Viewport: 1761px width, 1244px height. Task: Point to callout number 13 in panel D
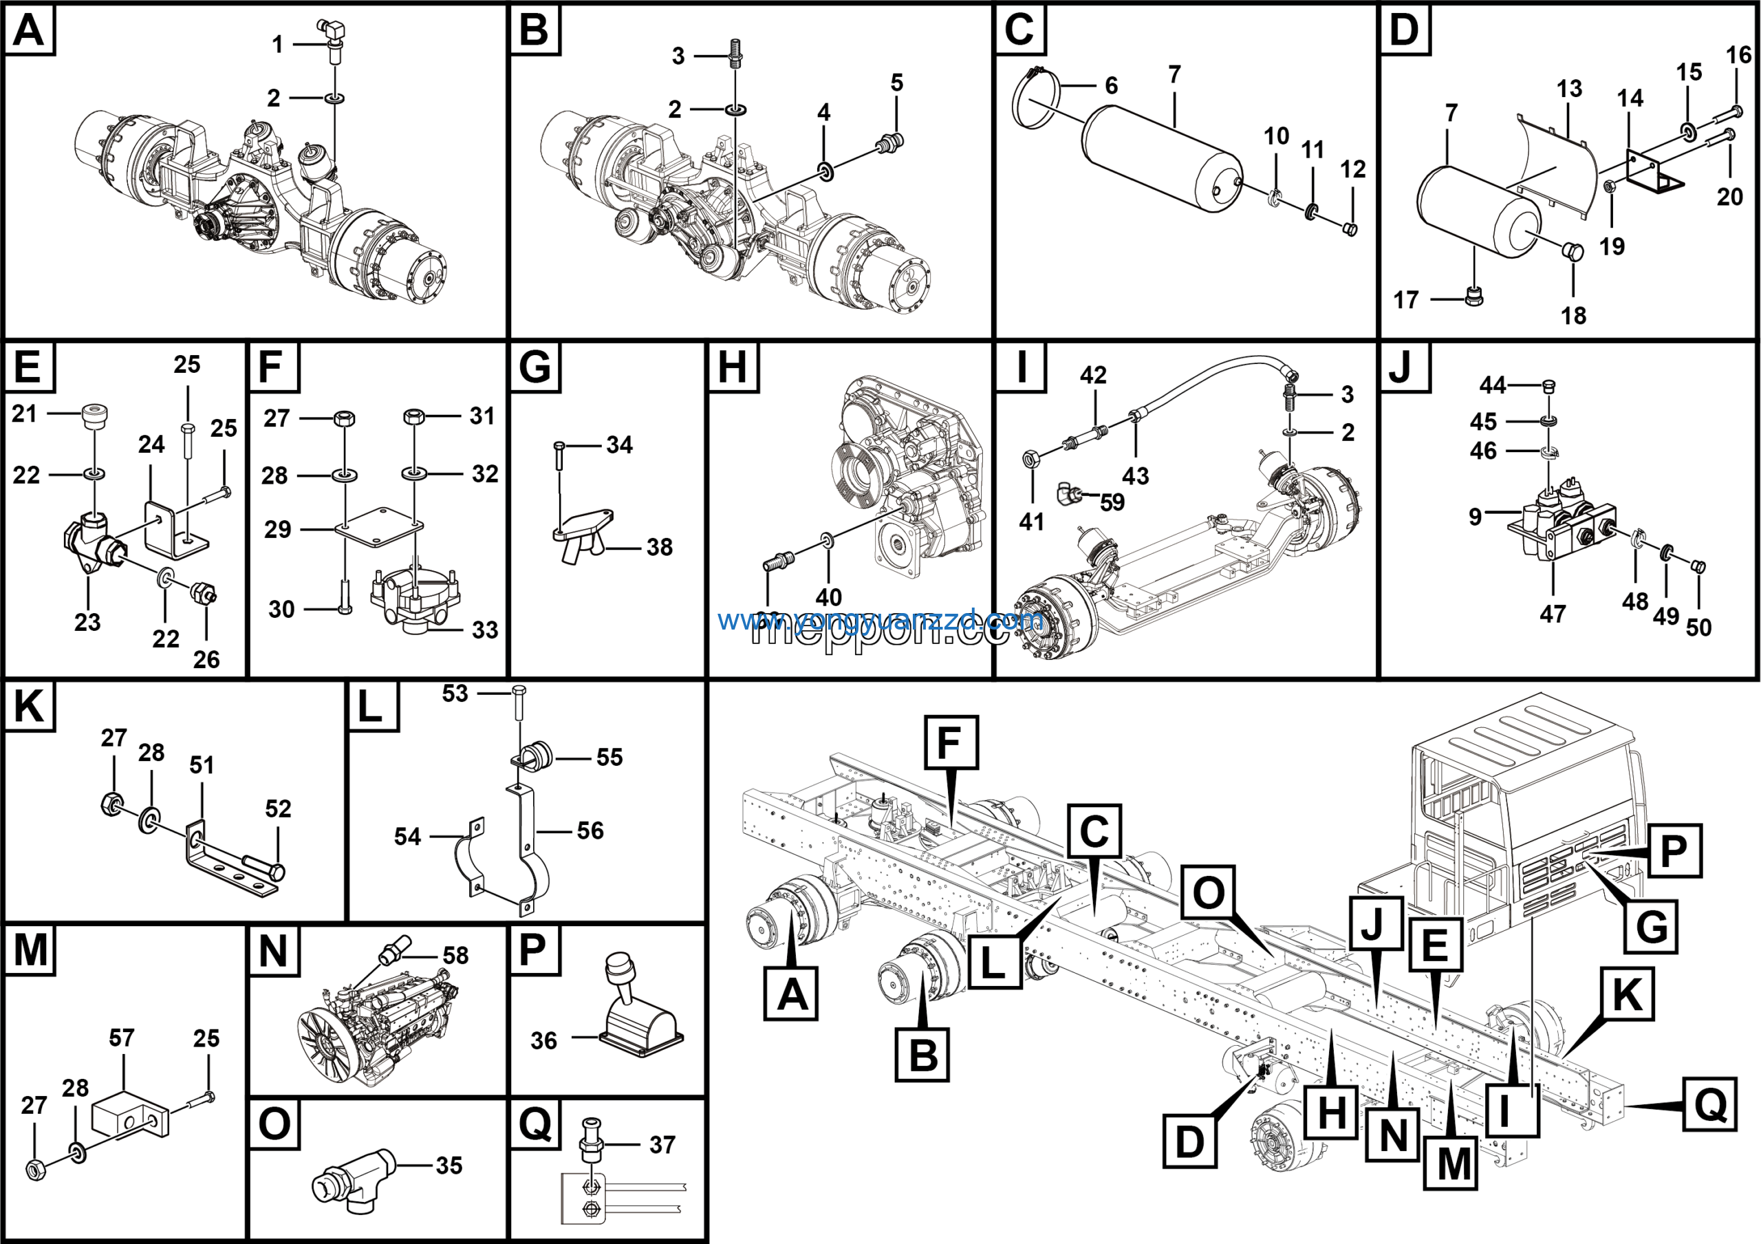pos(1569,89)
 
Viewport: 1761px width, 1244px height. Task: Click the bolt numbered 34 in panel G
pos(559,455)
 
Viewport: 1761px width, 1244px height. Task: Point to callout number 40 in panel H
pos(828,597)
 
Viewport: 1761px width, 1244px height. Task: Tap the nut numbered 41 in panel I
pos(1032,460)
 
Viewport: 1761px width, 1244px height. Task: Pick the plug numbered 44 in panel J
pos(1548,385)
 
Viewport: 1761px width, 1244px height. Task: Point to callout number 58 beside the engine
pos(455,955)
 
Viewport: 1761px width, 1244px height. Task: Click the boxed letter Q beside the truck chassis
pos(1709,1104)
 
